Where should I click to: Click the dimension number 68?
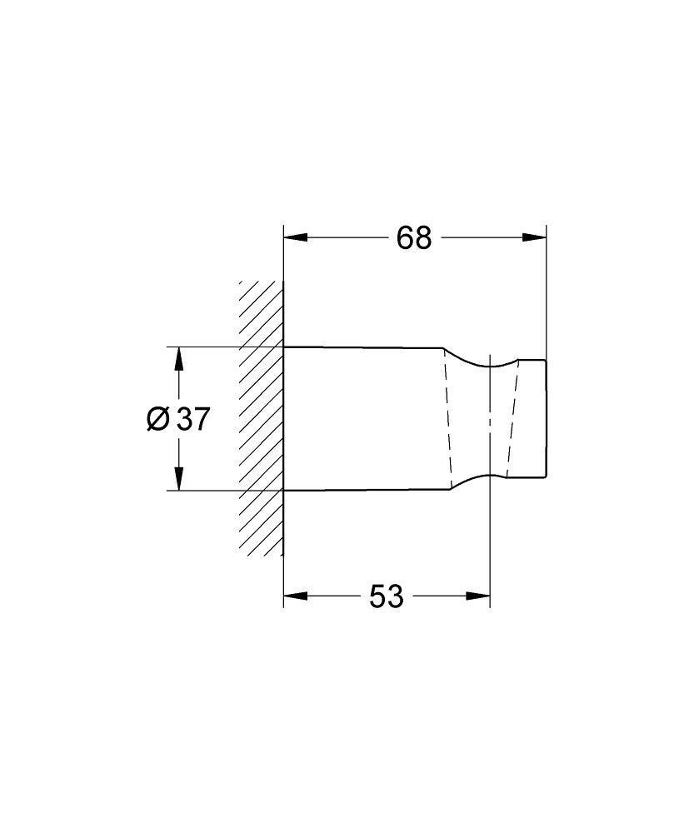click(x=414, y=238)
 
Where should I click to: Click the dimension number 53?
click(x=387, y=596)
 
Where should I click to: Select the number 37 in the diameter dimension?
click(x=192, y=419)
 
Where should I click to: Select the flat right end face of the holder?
click(x=546, y=419)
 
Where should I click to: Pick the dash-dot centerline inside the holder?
click(x=489, y=419)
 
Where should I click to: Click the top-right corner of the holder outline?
click(x=546, y=360)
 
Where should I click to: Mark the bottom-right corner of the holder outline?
click(x=546, y=479)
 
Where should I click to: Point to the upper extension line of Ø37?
click(x=217, y=347)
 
